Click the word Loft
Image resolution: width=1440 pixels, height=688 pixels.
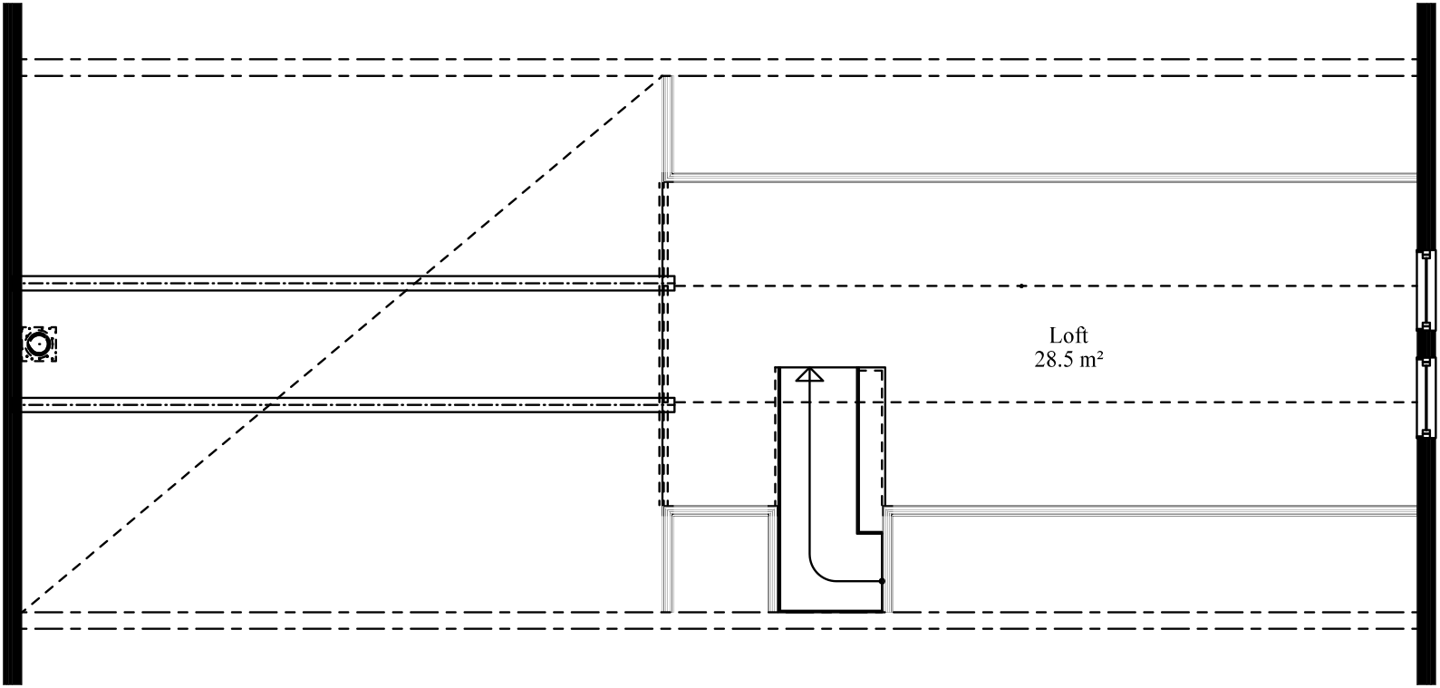[x=1068, y=336]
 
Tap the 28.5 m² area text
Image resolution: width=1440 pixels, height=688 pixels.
[x=1068, y=359]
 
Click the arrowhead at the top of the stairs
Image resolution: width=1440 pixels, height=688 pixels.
[x=809, y=373]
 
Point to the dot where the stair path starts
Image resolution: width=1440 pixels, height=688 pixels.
[x=882, y=580]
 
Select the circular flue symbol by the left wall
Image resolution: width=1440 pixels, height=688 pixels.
[x=39, y=344]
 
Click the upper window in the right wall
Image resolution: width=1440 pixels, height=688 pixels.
[x=1426, y=289]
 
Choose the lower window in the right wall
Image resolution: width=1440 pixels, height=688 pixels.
[x=1426, y=397]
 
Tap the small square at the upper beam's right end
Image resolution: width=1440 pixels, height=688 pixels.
[x=670, y=284]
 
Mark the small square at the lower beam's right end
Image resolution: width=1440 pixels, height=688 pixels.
[x=670, y=404]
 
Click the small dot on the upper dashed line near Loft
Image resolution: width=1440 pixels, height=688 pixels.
[x=1020, y=286]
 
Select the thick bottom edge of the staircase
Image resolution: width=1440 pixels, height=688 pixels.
[x=830, y=611]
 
